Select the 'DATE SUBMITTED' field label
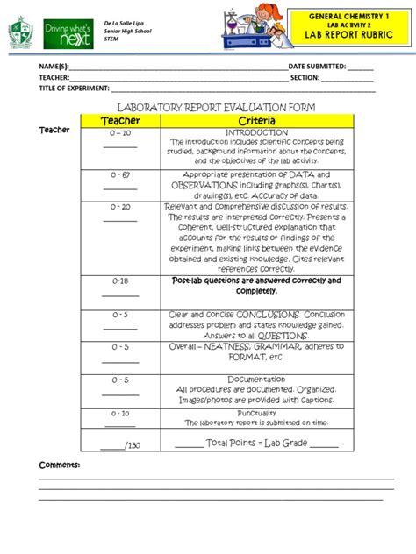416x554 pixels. pyautogui.click(x=317, y=66)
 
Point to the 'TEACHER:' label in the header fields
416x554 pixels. pyautogui.click(x=53, y=77)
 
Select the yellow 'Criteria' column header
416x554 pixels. pyautogui.click(x=256, y=120)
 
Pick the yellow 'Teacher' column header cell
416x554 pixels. pyautogui.click(x=120, y=120)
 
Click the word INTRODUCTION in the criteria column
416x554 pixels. pyautogui.click(x=256, y=132)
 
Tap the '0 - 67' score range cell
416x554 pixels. pyautogui.click(x=120, y=175)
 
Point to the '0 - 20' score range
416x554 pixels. pyautogui.click(x=120, y=207)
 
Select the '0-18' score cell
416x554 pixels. pyautogui.click(x=120, y=281)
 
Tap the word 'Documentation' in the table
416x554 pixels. pyautogui.click(x=256, y=380)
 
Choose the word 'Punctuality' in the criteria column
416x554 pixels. pyautogui.click(x=256, y=413)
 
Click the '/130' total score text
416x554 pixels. pyautogui.click(x=133, y=445)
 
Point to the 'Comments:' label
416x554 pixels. pyautogui.click(x=59, y=464)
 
